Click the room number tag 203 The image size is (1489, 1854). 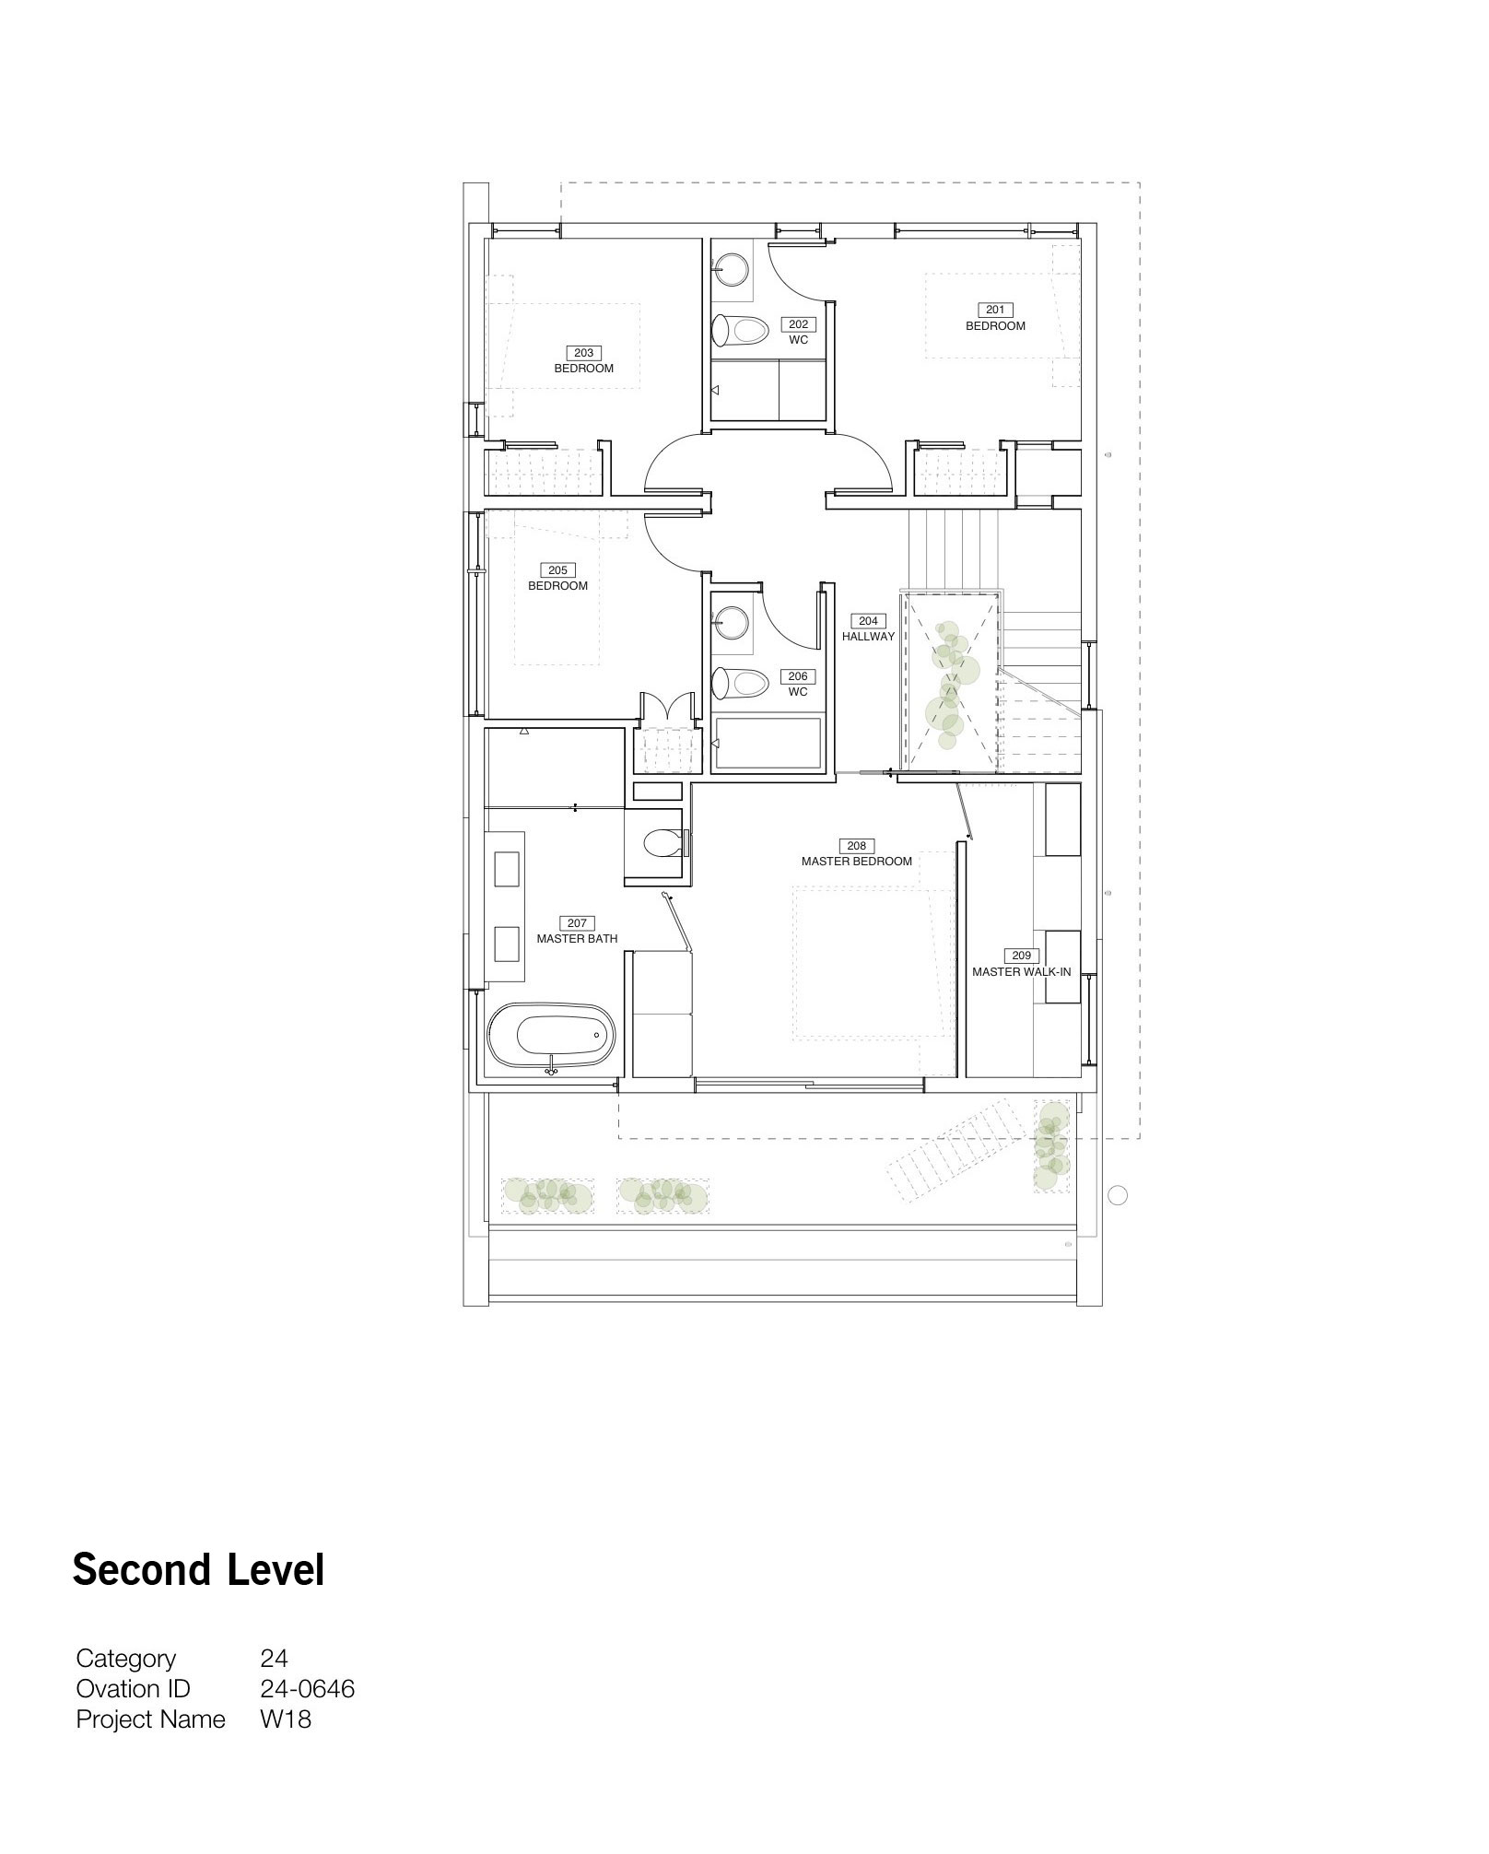tap(583, 353)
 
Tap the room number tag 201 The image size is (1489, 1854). tap(995, 311)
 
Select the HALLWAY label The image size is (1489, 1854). tap(868, 637)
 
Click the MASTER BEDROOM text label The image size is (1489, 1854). tap(857, 862)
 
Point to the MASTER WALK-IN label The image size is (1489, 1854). tap(1022, 971)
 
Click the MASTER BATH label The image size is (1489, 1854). tap(577, 939)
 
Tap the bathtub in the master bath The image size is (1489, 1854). tap(551, 1038)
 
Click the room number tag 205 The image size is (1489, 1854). tap(557, 570)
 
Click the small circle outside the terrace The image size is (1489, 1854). tap(1117, 1196)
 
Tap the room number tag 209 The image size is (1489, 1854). tap(1021, 956)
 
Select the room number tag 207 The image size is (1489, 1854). tap(577, 923)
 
